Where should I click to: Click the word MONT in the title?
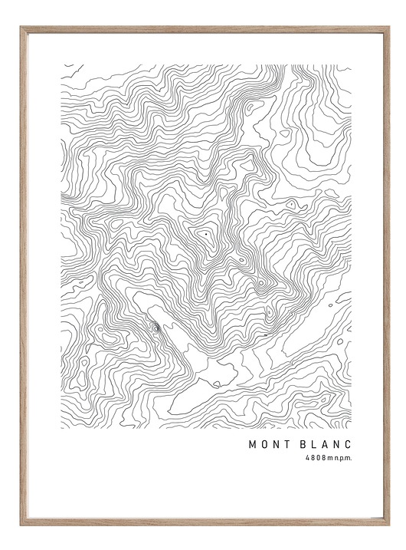point(266,443)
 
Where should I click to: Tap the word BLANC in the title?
point(323,443)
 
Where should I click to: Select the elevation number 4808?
point(314,457)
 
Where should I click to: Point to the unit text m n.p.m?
point(339,457)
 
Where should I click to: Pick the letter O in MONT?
point(262,443)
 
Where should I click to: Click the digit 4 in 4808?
point(306,457)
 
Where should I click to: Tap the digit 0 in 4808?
point(316,457)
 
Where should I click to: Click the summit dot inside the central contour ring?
point(205,230)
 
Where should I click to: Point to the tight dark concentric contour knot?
point(156,328)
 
